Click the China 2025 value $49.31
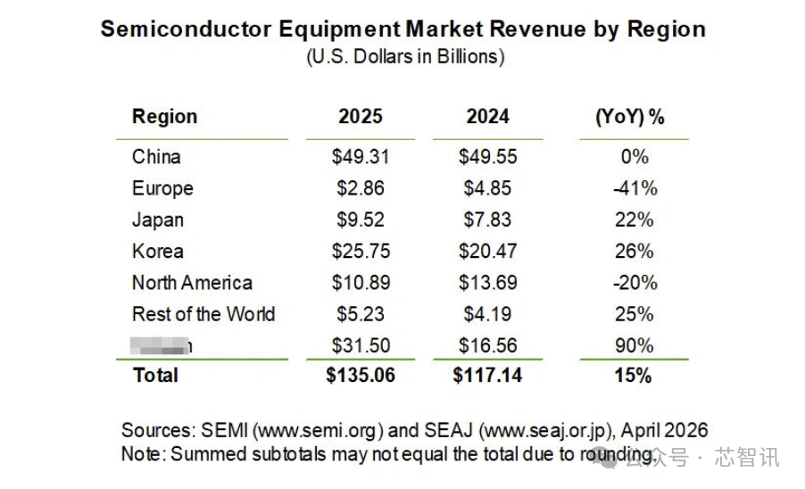point(361,157)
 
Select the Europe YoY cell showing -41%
point(635,188)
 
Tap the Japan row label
point(158,220)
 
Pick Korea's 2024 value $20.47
point(487,252)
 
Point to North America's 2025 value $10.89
point(361,283)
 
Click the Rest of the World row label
point(203,314)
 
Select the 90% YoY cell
point(635,345)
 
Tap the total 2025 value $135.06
point(361,376)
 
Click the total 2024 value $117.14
point(487,376)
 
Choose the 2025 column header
point(361,117)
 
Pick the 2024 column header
point(487,117)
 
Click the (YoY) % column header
point(630,117)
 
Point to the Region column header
point(165,117)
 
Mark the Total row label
point(156,376)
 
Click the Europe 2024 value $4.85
point(487,188)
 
